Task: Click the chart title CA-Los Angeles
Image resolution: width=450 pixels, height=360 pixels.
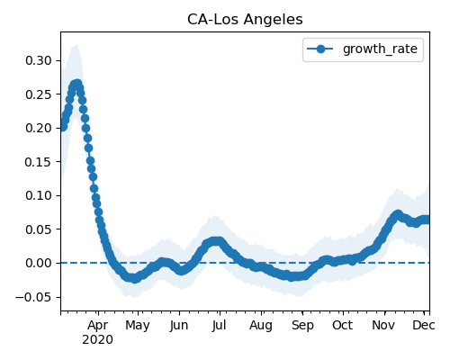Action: click(x=245, y=20)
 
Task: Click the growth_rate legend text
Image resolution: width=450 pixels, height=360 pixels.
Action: click(x=380, y=49)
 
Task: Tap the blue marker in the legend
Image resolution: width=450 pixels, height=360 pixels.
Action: click(x=320, y=49)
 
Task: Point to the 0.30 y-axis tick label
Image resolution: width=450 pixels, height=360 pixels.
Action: click(x=39, y=60)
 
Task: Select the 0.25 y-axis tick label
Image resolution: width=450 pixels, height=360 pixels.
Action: click(x=39, y=94)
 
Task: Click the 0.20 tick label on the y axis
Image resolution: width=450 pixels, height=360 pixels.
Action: click(x=39, y=128)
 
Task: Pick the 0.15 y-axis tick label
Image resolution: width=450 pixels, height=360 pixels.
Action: click(x=39, y=162)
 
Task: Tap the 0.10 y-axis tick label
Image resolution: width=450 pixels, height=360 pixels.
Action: click(x=39, y=195)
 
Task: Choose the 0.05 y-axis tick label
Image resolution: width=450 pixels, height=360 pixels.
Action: click(x=39, y=229)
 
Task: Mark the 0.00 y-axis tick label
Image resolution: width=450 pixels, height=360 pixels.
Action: click(x=39, y=263)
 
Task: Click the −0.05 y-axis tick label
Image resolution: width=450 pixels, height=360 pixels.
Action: click(x=33, y=297)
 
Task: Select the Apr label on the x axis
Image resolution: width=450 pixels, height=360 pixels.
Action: click(x=98, y=326)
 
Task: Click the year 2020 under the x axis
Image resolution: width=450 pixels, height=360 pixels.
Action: click(x=98, y=340)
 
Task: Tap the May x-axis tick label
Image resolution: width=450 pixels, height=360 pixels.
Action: click(x=138, y=326)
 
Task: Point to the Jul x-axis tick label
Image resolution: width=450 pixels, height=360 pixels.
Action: click(x=219, y=325)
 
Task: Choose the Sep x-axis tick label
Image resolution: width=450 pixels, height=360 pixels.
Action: click(x=302, y=326)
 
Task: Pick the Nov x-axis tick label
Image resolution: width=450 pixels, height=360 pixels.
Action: click(x=383, y=325)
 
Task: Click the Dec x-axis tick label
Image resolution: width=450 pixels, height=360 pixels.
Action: click(x=424, y=325)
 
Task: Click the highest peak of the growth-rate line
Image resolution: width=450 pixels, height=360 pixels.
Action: click(x=77, y=84)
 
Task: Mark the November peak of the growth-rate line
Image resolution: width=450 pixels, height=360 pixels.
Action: click(x=398, y=214)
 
